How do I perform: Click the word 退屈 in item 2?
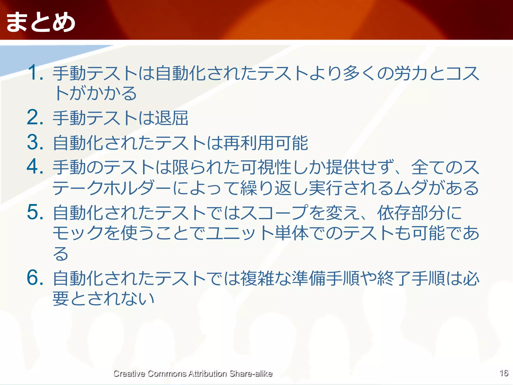[172, 118]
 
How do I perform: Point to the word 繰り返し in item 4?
[274, 188]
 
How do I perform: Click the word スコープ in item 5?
[274, 213]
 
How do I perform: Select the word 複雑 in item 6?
[258, 278]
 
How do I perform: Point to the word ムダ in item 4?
[411, 188]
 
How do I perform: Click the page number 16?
[504, 373]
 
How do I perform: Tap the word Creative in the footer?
[129, 373]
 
